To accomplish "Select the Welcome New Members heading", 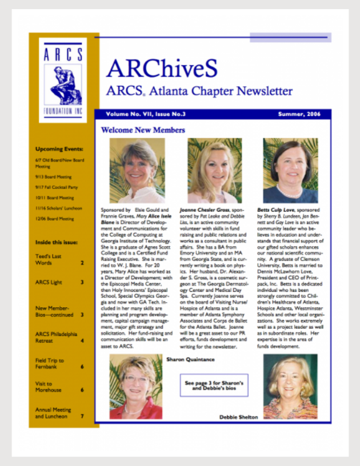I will [143, 130].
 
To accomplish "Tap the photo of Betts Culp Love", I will [290, 170].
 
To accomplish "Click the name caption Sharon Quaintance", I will [190, 359].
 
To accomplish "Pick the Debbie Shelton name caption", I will [238, 417].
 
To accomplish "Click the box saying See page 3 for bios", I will [214, 385].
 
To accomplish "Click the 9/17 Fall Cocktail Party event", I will [56, 187].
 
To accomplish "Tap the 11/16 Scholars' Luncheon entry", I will [58, 208].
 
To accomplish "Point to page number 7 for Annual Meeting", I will [82, 416].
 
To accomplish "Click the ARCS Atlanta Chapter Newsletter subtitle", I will [199, 91].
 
